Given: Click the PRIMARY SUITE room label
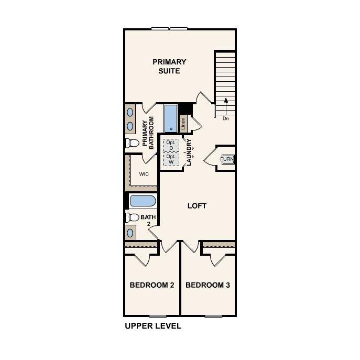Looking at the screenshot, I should (x=169, y=66).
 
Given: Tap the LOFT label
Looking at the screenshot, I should (x=197, y=206).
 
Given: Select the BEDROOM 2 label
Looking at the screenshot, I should (x=152, y=286).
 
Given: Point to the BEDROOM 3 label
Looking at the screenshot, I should (x=208, y=286).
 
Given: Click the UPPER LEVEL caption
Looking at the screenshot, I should (x=153, y=326).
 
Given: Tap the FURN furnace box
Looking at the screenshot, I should (x=227, y=159).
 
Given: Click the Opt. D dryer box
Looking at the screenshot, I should (x=171, y=144).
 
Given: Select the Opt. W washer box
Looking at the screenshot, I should (x=171, y=159).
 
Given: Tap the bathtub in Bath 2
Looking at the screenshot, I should (x=142, y=201).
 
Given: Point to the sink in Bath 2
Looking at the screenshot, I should (x=130, y=232).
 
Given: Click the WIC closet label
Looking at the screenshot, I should (x=144, y=174).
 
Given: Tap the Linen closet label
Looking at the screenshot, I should (x=183, y=124).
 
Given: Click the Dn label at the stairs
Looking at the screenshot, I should (x=226, y=118).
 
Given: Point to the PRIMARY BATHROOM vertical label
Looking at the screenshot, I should (x=148, y=134).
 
